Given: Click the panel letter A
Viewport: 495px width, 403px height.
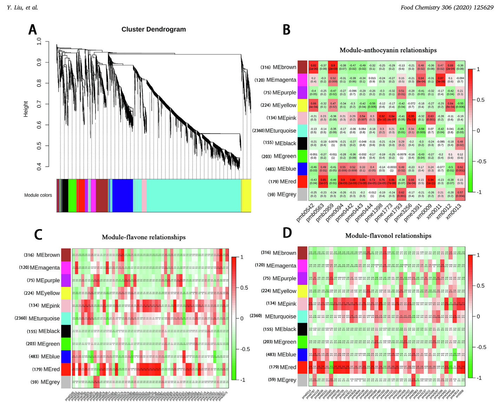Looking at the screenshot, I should [33, 29].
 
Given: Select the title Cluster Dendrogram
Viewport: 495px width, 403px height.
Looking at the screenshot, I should [153, 29].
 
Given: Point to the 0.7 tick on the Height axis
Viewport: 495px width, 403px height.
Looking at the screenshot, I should [39, 104].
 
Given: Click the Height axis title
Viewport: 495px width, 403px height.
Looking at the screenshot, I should [26, 109].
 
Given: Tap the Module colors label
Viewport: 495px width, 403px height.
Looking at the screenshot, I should [38, 195].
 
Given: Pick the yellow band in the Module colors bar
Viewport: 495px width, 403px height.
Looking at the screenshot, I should [246, 195].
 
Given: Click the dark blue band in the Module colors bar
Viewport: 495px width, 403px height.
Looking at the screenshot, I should [122, 195].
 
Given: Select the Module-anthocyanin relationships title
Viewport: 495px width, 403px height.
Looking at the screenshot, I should [388, 50].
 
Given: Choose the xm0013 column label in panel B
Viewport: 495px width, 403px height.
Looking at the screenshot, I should [453, 212].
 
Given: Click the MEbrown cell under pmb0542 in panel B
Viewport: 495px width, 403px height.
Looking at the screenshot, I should [313, 67].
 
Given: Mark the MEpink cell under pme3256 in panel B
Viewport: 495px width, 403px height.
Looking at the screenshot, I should [411, 118].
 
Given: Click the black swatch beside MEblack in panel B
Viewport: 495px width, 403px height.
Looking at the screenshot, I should [302, 143].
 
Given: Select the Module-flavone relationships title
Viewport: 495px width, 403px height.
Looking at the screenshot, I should [144, 237].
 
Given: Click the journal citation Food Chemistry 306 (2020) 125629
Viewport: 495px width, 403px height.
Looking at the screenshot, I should [447, 7].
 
